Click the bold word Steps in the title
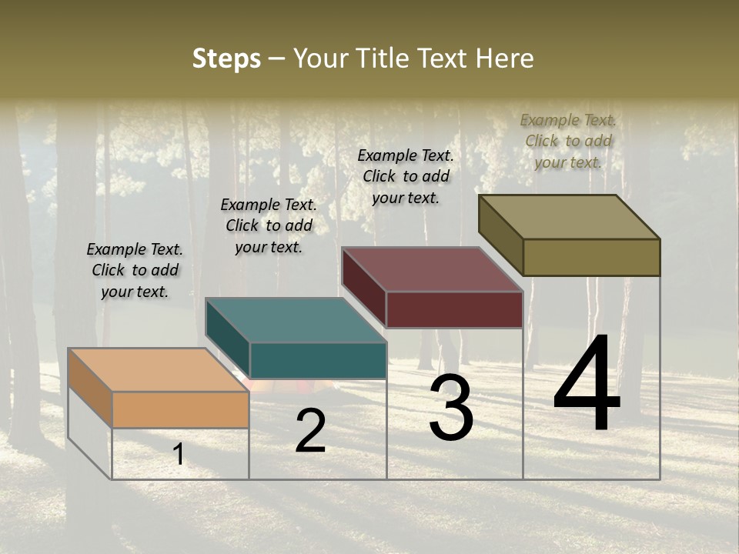pos(226,58)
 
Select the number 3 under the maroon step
pos(451,409)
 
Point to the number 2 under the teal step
pos(310,431)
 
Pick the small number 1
pos(179,454)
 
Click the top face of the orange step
pos(158,370)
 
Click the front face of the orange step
pos(180,409)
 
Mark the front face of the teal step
pos(318,360)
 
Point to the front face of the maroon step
pos(454,309)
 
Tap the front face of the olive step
pos(591,257)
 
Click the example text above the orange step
pos(135,270)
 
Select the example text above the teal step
pos(269,225)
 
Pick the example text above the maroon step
pos(406,176)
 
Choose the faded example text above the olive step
pos(568,141)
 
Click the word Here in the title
pos(505,58)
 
